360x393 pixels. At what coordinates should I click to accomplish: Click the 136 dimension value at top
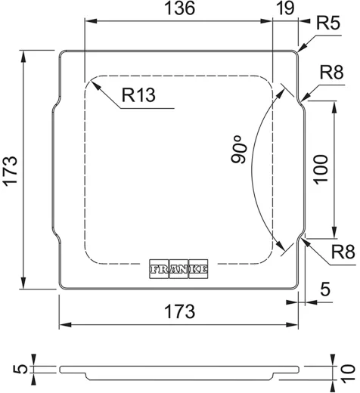tap(179, 8)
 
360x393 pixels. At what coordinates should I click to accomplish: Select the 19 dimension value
tap(285, 8)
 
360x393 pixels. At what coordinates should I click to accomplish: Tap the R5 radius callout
tap(328, 23)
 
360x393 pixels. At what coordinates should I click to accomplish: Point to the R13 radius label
tap(138, 95)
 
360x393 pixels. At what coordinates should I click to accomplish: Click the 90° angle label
tap(239, 149)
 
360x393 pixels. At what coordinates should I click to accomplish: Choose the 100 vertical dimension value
tap(321, 169)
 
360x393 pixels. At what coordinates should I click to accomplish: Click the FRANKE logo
tap(178, 269)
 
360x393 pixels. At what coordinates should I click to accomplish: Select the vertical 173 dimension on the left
tap(11, 172)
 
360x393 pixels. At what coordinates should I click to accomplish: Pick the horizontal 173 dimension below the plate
tap(179, 311)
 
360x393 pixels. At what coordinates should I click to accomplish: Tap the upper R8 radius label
tap(331, 73)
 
